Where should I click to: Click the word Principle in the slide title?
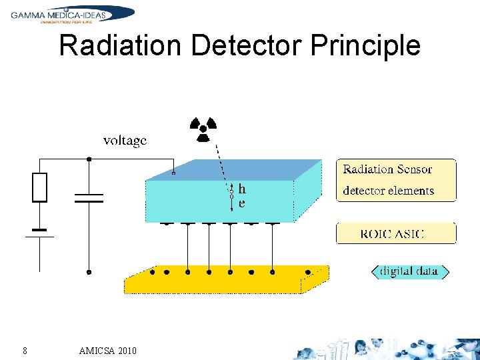pos(365,46)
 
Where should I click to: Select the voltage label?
pos(125,141)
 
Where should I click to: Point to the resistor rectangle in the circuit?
pos(40,187)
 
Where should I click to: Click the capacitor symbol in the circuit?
pos(89,198)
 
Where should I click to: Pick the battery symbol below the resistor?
pos(40,233)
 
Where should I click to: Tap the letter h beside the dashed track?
pos(242,189)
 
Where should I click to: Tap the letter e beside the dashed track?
pos(241,203)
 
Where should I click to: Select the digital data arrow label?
pos(409,271)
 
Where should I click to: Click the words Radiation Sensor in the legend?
pos(387,169)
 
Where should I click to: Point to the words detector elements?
pos(388,191)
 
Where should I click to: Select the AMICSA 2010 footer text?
pos(107,351)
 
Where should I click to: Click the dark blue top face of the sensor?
pos(233,170)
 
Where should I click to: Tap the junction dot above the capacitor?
pos(89,159)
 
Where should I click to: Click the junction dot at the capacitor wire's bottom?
pos(89,271)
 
